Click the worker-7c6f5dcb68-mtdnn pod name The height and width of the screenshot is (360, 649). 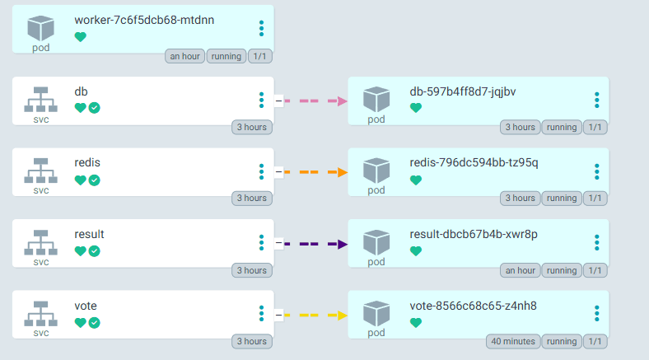point(143,20)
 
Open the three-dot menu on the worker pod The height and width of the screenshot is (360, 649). point(261,28)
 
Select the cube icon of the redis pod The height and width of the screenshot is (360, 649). point(376,169)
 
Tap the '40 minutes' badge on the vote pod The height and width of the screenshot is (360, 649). point(513,341)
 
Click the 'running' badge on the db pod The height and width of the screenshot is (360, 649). point(562,127)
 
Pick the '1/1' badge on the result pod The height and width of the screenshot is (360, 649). point(595,270)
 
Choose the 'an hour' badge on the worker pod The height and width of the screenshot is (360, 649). point(184,56)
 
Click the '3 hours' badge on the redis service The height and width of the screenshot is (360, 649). point(251,198)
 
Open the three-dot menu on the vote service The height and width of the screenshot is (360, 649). point(261,314)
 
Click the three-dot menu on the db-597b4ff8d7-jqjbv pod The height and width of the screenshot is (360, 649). point(597,100)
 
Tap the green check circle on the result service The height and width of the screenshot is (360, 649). point(94,251)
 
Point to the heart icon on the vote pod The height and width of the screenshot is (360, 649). point(415,323)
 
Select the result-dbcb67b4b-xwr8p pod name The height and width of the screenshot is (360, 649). point(473,234)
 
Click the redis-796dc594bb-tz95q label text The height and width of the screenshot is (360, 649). point(474,162)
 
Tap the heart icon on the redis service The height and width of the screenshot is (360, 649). point(80,180)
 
